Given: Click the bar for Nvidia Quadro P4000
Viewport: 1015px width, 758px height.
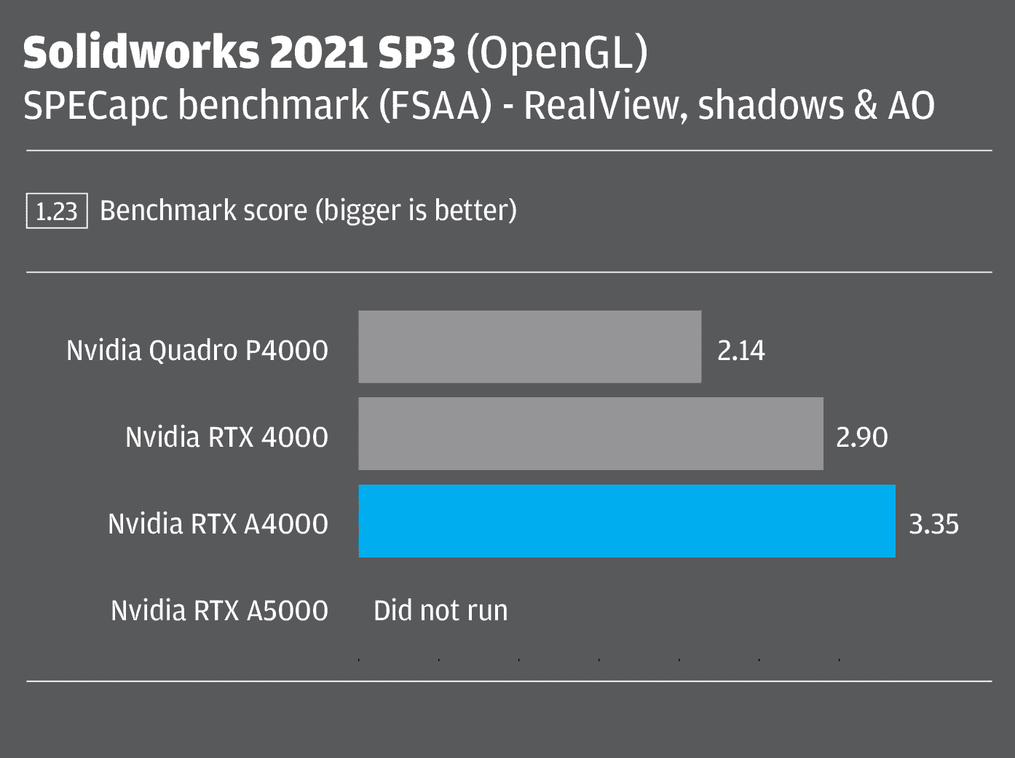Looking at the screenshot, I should click(530, 347).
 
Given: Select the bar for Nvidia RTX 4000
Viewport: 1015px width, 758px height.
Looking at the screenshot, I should click(591, 434).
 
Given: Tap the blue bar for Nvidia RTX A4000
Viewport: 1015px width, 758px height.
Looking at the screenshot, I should click(627, 521).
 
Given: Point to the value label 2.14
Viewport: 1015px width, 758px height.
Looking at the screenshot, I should click(741, 351).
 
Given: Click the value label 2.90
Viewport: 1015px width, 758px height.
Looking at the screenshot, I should click(861, 437).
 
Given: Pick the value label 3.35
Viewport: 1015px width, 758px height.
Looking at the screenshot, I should click(933, 524).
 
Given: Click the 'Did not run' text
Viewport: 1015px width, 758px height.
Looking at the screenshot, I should click(441, 611).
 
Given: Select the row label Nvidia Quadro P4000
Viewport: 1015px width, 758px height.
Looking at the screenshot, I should click(197, 351).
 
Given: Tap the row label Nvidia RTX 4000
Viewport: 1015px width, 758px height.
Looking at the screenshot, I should click(226, 437).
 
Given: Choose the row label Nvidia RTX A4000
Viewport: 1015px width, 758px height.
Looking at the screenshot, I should click(218, 524).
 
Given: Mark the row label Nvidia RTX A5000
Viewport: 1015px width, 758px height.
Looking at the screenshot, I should click(219, 611).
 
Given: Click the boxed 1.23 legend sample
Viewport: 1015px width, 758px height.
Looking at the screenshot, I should click(57, 211).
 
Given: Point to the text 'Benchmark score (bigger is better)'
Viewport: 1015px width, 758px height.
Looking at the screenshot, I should click(308, 211).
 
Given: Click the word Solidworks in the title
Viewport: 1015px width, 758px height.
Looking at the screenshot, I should click(141, 53).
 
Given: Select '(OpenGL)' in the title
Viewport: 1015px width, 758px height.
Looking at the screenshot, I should click(556, 53).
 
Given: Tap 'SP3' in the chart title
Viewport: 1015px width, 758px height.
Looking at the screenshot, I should click(416, 53).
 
